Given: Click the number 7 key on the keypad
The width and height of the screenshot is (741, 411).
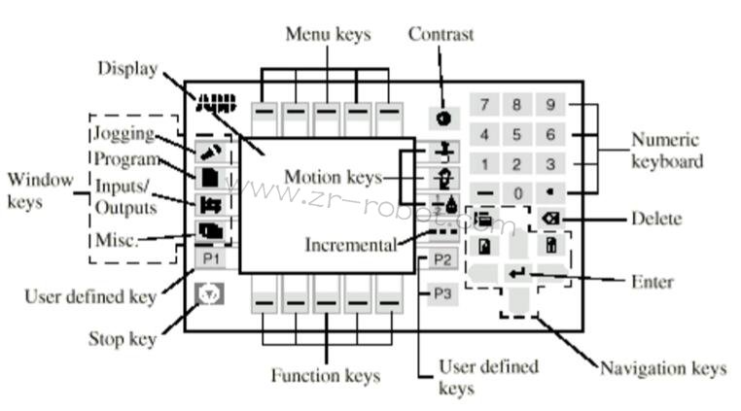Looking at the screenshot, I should (x=483, y=104).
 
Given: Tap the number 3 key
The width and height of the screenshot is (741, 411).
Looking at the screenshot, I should (x=550, y=164).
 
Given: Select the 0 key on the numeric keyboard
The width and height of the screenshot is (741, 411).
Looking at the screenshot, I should (x=517, y=193).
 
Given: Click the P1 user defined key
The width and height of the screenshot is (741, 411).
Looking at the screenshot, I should (x=209, y=258).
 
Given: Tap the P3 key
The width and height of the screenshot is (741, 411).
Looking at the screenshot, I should (x=441, y=292).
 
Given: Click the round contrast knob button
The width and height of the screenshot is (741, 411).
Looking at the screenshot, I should (x=442, y=118).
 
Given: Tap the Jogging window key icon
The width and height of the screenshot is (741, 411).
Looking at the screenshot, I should (x=209, y=153).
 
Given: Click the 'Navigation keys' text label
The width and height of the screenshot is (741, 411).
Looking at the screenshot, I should (x=663, y=368).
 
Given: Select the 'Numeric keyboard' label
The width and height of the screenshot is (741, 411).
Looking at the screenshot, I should (x=667, y=151).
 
